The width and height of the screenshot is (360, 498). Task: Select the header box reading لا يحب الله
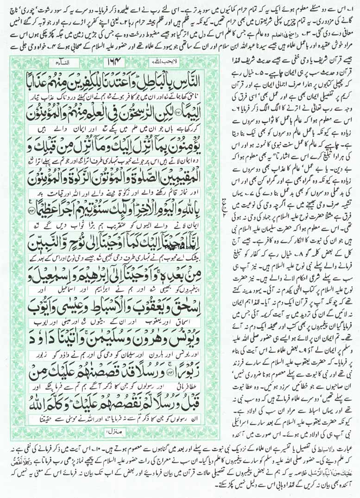161,60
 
